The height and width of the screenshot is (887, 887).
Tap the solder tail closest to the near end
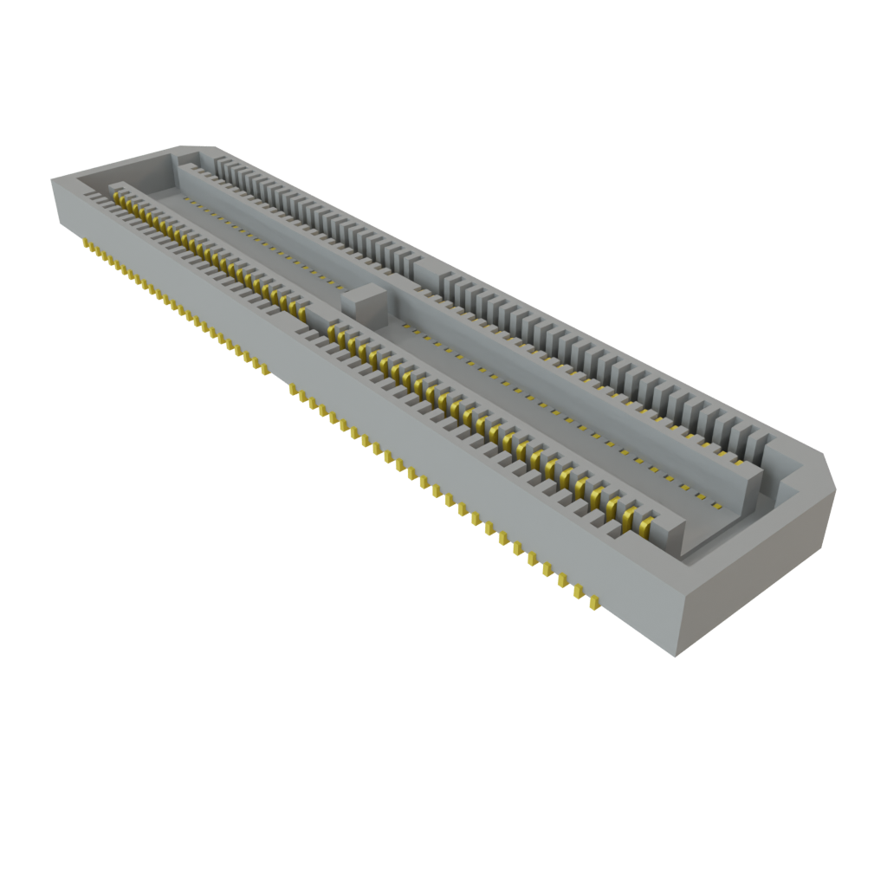tap(595, 601)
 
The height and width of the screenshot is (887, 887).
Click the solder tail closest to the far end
tap(86, 246)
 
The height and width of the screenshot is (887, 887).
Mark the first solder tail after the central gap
tap(293, 392)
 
